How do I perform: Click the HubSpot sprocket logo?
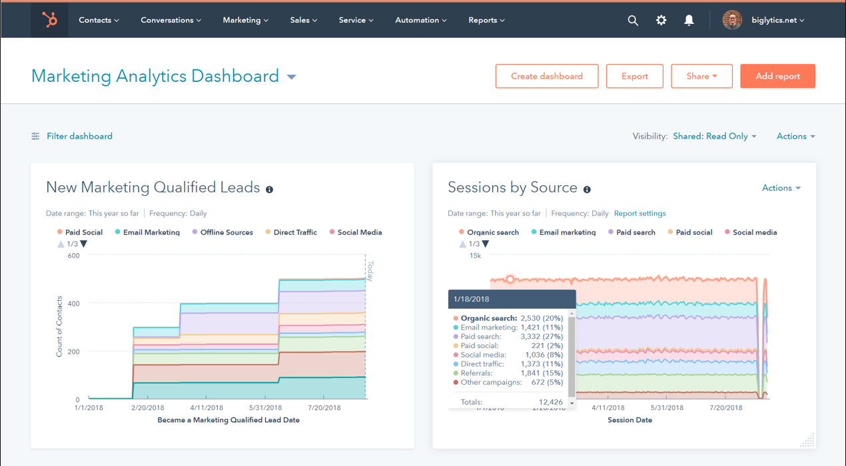pos(50,20)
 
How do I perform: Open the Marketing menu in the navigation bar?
pos(245,20)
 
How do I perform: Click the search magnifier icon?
pos(633,21)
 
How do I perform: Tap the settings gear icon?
pos(661,21)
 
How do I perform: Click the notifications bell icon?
pos(689,21)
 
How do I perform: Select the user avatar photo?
pos(732,21)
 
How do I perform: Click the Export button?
pos(634,76)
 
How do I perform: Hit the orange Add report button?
pos(777,76)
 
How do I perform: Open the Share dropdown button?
pos(701,76)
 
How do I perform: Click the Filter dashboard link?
pos(79,136)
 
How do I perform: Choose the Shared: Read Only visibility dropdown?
pos(714,136)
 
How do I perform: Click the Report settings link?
pos(639,214)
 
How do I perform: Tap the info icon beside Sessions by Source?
pos(587,190)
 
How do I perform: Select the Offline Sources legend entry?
pos(226,232)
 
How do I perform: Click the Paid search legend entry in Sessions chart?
pos(635,232)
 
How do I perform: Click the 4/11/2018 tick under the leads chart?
pos(207,408)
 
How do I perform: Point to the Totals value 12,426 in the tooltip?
pos(550,402)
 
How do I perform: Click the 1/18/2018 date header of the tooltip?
pos(471,300)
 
